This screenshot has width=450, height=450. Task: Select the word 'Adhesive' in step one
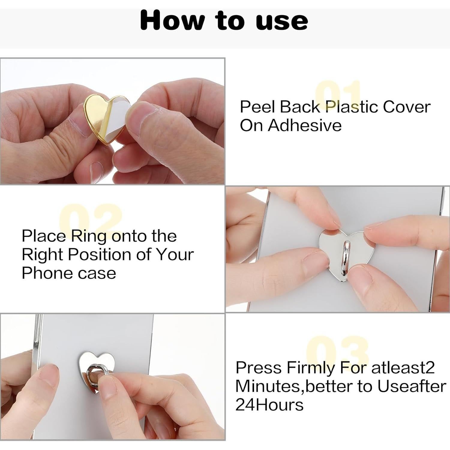(x=304, y=125)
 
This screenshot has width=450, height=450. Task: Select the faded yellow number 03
(x=337, y=349)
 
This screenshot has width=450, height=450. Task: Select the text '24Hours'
(x=269, y=405)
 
